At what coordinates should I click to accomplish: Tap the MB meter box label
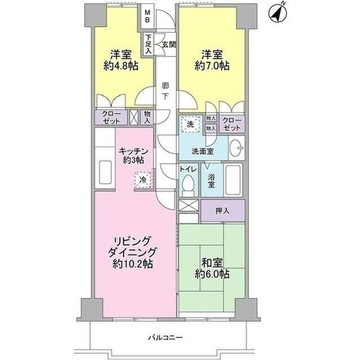pyautogui.click(x=148, y=16)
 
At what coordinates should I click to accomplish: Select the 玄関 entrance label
pyautogui.click(x=169, y=45)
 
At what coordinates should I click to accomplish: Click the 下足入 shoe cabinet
pyautogui.click(x=148, y=45)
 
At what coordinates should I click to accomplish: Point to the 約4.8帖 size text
pyautogui.click(x=121, y=66)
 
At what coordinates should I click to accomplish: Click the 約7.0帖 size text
pyautogui.click(x=212, y=66)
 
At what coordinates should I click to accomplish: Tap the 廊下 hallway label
pyautogui.click(x=165, y=91)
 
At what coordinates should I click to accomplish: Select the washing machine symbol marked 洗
pyautogui.click(x=190, y=125)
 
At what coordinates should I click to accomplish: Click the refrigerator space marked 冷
pyautogui.click(x=143, y=180)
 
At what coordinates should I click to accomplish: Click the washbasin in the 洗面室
pyautogui.click(x=237, y=148)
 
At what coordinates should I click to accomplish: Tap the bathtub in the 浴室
pyautogui.click(x=233, y=180)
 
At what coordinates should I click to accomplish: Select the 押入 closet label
pyautogui.click(x=222, y=211)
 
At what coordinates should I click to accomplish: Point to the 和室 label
pyautogui.click(x=212, y=263)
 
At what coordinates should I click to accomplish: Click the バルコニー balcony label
pyautogui.click(x=165, y=337)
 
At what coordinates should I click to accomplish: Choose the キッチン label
pyautogui.click(x=133, y=151)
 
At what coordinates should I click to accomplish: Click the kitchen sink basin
pyautogui.click(x=105, y=172)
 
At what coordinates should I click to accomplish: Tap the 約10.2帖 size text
pyautogui.click(x=133, y=264)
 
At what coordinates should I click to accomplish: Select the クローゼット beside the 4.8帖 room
pyautogui.click(x=111, y=118)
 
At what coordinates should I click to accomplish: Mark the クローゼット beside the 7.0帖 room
pyautogui.click(x=232, y=124)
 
